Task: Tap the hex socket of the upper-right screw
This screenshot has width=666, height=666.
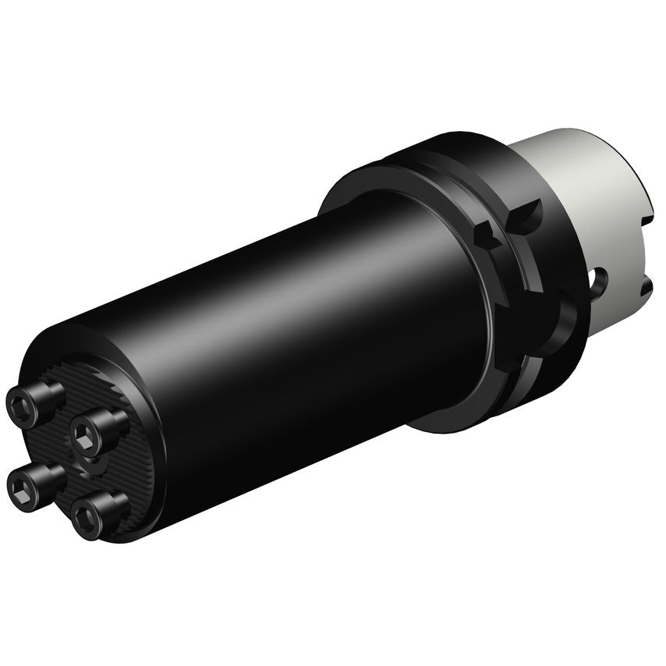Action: (x=83, y=430)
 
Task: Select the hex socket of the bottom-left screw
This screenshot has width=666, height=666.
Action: (x=20, y=488)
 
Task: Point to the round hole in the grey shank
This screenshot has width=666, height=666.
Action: (x=598, y=278)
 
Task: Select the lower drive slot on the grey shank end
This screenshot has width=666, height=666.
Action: (x=644, y=290)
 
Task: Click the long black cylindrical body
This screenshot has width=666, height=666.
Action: (x=296, y=328)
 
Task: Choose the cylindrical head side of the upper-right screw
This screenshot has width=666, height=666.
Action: (x=109, y=422)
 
